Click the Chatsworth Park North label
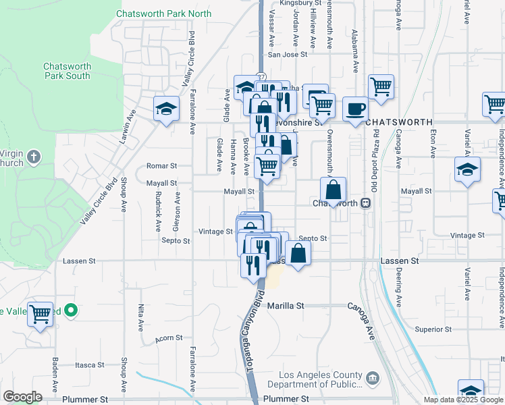(x=163, y=13)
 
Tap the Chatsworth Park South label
(x=67, y=71)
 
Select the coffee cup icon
(x=355, y=109)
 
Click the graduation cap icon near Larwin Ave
(x=166, y=109)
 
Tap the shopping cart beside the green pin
(x=41, y=313)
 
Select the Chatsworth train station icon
(x=365, y=202)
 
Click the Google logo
(x=22, y=397)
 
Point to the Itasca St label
(x=88, y=364)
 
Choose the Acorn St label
(x=169, y=337)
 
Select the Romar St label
(x=162, y=165)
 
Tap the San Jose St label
(x=288, y=55)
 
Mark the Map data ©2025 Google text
(x=463, y=400)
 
